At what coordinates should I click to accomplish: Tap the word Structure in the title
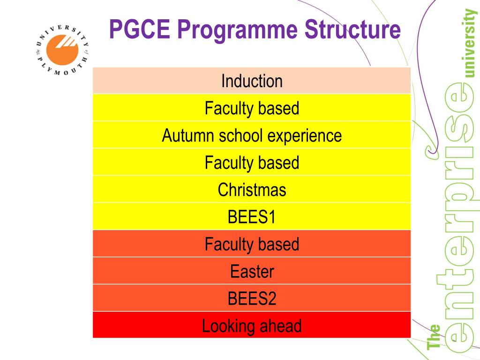352,29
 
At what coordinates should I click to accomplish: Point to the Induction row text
252,81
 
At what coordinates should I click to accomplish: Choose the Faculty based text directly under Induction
252,108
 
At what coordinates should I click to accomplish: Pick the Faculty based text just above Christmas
252,163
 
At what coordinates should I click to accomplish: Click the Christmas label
252,190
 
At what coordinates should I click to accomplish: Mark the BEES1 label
252,217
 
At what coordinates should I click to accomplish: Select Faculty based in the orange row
252,244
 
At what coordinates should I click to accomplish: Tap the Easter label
252,271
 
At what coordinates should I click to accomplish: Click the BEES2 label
252,299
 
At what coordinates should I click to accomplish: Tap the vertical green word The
435,337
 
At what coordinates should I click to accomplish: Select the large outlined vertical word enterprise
457,216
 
